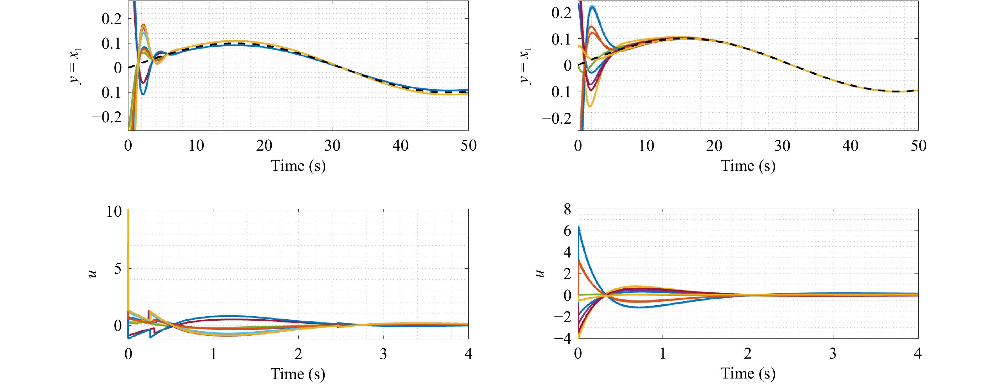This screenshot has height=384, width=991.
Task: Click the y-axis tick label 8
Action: pos(567,210)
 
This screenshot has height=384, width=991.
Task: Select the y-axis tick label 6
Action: pos(567,231)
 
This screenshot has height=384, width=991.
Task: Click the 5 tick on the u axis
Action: pos(118,268)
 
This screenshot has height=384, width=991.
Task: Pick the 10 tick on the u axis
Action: pos(114,211)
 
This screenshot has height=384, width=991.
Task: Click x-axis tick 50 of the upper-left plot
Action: pos(468,146)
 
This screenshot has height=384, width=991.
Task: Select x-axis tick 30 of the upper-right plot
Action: pos(782,146)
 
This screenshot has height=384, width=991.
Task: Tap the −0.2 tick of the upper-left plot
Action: pos(106,117)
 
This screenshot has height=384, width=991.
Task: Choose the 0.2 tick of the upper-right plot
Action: pos(562,13)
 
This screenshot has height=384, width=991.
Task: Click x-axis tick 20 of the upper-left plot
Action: pos(264,146)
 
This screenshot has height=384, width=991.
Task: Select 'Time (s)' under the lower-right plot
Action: pos(748,373)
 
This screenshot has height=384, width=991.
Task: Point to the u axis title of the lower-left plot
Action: pos(92,273)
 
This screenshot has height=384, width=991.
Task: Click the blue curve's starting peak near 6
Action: pos(579,226)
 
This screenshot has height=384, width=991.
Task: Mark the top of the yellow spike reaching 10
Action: pos(128,211)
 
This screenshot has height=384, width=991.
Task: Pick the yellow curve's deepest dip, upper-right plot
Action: pos(589,106)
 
